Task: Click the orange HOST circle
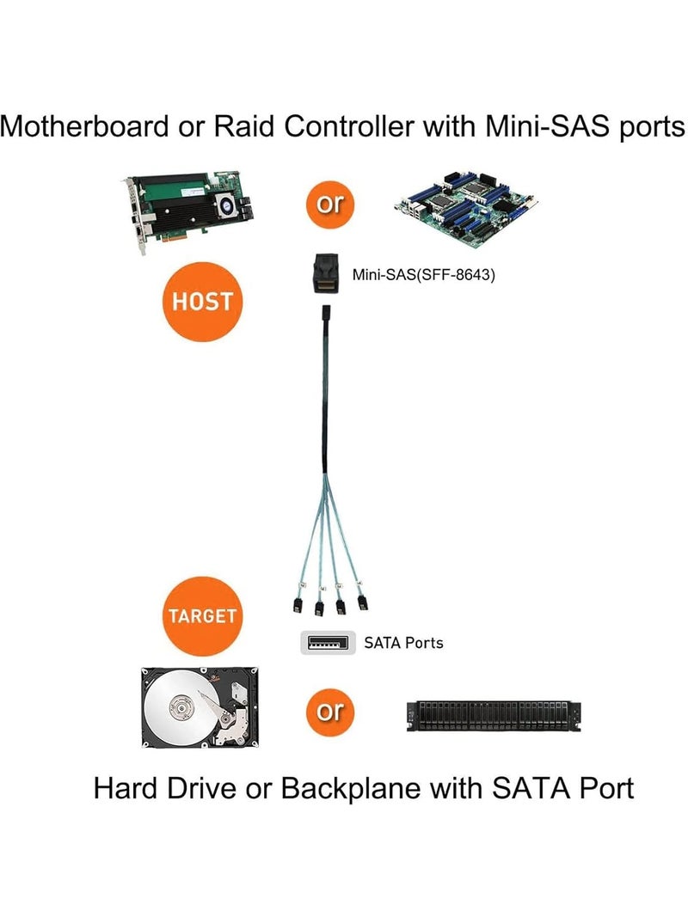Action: (203, 303)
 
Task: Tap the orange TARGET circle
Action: (203, 616)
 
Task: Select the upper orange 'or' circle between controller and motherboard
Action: (329, 205)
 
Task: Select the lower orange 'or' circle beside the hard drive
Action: (329, 712)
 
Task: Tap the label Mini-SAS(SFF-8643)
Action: (423, 276)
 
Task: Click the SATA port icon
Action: (328, 642)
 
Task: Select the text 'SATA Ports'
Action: (404, 643)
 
